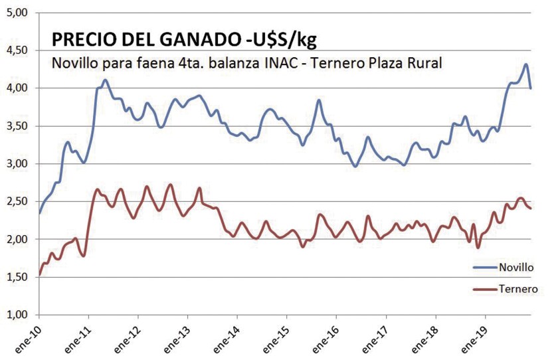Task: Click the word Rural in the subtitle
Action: point(423,62)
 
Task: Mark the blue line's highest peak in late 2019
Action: point(525,64)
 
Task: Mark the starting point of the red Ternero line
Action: point(40,274)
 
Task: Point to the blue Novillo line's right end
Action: point(531,88)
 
